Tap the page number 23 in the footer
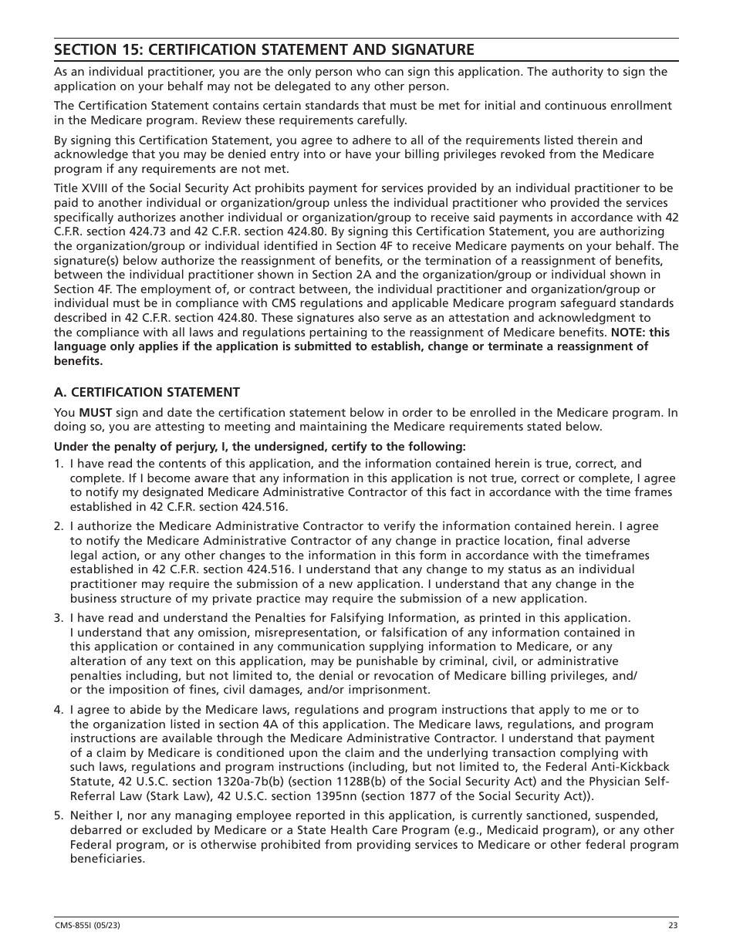point(673,926)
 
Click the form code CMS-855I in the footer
point(72,926)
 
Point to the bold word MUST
point(94,412)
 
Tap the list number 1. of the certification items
point(59,464)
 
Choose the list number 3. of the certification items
point(59,618)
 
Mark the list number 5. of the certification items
point(59,816)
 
